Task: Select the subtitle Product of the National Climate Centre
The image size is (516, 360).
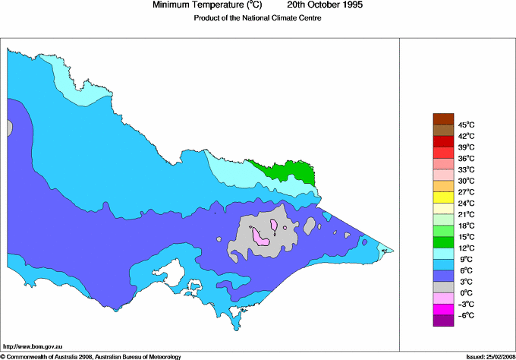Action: tap(258, 18)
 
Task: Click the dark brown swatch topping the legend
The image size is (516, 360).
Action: tap(442, 118)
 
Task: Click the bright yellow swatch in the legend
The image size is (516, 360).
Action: tap(442, 197)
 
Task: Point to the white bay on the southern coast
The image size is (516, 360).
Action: tap(178, 270)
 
